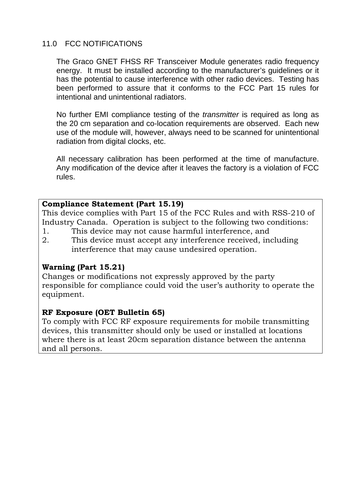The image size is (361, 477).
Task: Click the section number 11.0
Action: coord(49,44)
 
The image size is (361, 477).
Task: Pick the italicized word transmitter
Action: coord(220,115)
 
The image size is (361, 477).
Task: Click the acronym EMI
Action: coord(101,115)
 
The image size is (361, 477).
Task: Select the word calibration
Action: coord(124,159)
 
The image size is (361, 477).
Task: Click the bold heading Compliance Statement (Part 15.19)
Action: coord(113,204)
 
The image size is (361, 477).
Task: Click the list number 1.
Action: coord(45,231)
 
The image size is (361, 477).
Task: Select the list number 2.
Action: coord(45,240)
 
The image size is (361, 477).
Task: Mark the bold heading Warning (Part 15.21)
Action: coord(83,267)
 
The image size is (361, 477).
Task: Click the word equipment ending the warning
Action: coord(62,294)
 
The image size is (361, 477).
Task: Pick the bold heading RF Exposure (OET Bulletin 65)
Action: coord(103,312)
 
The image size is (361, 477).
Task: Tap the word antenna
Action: coord(291,340)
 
